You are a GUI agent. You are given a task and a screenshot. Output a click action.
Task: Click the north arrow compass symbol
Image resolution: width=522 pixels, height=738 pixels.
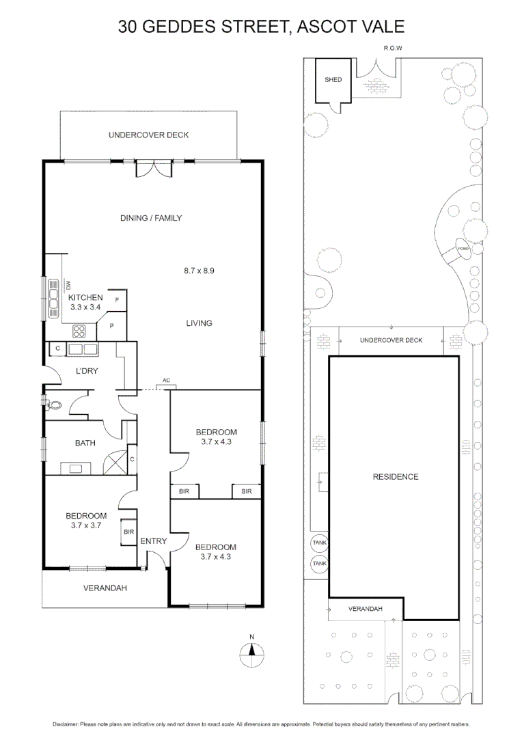[x=251, y=655]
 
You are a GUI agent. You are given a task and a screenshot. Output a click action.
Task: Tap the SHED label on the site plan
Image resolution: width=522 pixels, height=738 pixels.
[x=333, y=80]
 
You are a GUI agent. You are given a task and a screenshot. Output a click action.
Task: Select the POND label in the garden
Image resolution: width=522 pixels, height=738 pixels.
[x=463, y=247]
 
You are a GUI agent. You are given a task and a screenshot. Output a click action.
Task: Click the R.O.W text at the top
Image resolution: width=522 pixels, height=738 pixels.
[x=393, y=49]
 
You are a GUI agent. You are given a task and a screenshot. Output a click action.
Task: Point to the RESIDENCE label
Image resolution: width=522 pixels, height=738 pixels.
[x=395, y=476]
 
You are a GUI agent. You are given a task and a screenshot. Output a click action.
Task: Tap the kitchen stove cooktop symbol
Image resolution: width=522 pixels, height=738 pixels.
[x=79, y=331]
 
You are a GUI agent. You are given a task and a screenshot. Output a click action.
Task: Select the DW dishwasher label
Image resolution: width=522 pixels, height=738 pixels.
[x=68, y=284]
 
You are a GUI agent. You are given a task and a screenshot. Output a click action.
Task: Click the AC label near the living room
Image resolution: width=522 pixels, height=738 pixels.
[x=166, y=380]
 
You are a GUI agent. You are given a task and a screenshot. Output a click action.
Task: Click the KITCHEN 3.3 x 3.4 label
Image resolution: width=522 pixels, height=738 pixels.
[x=85, y=302]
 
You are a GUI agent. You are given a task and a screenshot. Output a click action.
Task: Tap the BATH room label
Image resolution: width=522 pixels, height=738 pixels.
[x=85, y=443]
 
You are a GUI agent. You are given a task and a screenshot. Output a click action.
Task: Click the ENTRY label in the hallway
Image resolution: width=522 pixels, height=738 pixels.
[x=153, y=541]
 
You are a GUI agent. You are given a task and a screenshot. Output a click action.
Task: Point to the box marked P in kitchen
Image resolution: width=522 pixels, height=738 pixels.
[x=111, y=327]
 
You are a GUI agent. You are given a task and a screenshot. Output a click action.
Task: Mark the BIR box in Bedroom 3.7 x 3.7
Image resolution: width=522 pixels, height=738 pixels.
[x=128, y=532]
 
